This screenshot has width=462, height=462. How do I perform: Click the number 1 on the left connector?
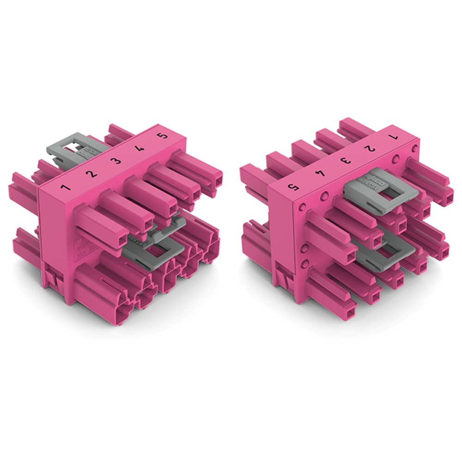tap(67, 188)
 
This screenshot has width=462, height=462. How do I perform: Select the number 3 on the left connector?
tap(117, 161)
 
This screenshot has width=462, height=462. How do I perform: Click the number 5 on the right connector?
tap(292, 187)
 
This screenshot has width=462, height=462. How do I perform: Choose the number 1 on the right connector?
tap(394, 137)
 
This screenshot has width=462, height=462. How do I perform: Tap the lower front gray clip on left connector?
tap(152, 245)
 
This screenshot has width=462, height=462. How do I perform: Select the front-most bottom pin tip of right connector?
tap(350, 305)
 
